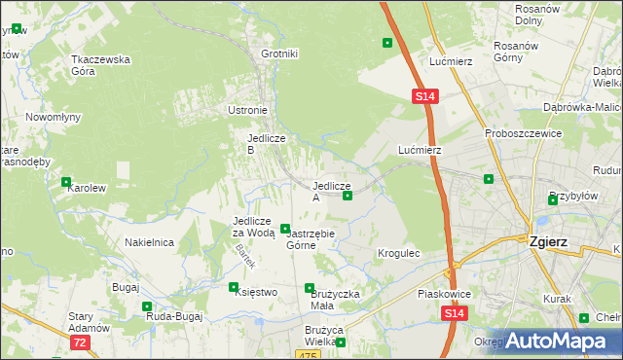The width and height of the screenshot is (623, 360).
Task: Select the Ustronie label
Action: coord(247,110)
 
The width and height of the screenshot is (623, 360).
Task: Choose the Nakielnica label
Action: coord(149,242)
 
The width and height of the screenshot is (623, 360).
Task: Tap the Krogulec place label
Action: coord(398,253)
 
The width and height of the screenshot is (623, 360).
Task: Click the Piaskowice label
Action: coord(417,293)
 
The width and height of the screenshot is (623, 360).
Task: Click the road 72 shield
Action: coord(80,342)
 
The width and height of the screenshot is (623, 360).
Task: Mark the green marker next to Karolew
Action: coord(66,182)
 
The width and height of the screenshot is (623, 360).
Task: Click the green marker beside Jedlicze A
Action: coord(348,196)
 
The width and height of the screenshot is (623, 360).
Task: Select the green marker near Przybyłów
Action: coord(553,200)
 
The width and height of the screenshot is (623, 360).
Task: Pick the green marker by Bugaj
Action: coord(146,306)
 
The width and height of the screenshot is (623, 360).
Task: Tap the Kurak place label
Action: coord(557,299)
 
